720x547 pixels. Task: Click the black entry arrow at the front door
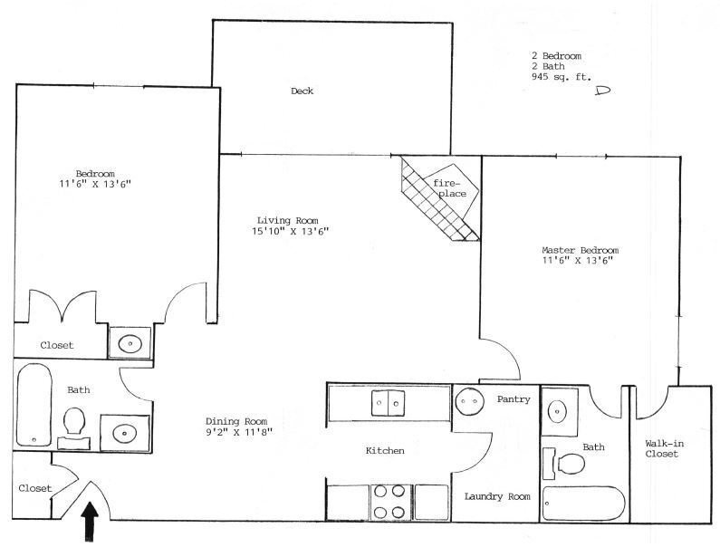coord(91,523)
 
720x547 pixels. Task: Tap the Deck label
coord(302,91)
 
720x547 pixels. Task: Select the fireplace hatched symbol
coord(440,200)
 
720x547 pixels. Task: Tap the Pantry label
coord(513,398)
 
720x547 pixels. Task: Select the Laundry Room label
coord(496,496)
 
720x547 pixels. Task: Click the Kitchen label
coord(384,450)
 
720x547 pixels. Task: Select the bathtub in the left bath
coord(33,405)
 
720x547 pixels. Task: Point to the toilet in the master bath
coord(567,464)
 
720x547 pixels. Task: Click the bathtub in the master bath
coord(583,504)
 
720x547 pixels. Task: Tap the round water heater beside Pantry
coord(469,398)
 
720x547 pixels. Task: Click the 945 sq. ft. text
coord(561,78)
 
